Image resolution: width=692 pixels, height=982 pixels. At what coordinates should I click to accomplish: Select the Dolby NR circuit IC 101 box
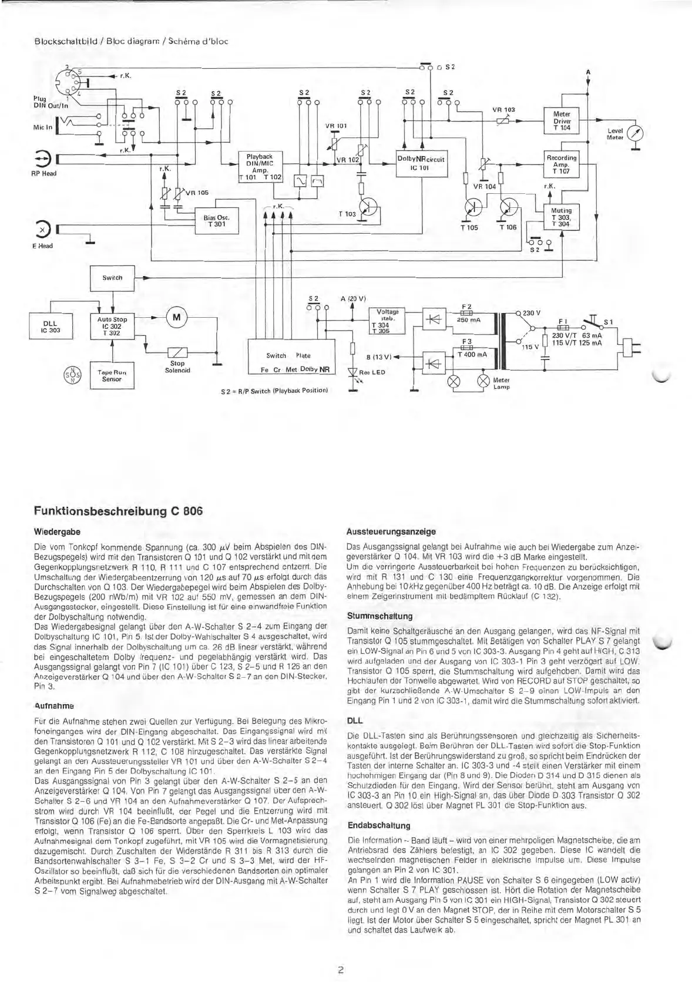click(x=421, y=163)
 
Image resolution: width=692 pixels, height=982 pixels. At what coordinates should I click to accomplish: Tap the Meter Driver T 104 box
click(x=562, y=120)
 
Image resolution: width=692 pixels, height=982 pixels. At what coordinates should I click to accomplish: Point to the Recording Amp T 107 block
click(x=562, y=164)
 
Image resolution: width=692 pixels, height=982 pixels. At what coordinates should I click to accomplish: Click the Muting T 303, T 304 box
click(x=562, y=217)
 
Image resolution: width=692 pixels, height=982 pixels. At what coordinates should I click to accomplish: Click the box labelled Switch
click(x=112, y=278)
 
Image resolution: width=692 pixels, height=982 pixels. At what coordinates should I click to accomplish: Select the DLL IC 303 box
click(x=48, y=327)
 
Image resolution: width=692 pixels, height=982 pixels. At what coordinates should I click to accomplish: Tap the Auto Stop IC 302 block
click(x=112, y=327)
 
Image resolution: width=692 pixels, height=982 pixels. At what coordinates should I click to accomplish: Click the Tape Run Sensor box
click(x=112, y=376)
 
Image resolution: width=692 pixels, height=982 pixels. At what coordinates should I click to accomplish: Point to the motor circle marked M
click(x=176, y=317)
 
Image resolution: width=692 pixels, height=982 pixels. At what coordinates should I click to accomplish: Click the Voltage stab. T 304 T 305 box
click(x=387, y=321)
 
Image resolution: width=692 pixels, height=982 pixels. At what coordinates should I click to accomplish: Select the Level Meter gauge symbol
click(x=636, y=132)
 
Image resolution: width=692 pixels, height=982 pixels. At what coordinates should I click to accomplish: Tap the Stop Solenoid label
click(x=177, y=366)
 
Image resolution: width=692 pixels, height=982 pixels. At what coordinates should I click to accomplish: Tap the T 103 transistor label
click(x=347, y=214)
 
